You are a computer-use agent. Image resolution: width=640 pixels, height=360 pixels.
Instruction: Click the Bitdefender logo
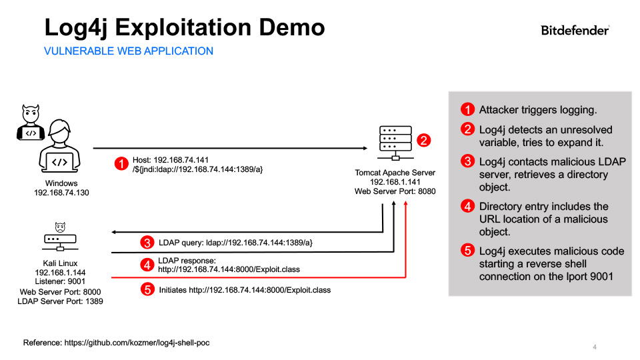tap(575, 30)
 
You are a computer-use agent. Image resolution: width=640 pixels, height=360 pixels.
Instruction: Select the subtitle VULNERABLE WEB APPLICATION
tap(129, 51)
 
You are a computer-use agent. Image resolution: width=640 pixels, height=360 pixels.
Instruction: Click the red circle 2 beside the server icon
tap(423, 141)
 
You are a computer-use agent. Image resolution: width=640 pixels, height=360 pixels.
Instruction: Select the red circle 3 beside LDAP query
tap(147, 242)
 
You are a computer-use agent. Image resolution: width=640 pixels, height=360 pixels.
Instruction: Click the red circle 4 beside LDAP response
tap(147, 264)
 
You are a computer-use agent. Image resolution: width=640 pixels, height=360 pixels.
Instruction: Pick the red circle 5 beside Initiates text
tap(147, 290)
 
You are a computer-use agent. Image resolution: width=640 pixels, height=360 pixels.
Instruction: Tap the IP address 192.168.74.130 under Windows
tap(61, 193)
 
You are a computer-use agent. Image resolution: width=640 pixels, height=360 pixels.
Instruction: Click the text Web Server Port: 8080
tap(395, 191)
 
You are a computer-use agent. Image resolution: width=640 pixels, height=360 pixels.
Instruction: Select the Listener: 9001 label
tap(60, 282)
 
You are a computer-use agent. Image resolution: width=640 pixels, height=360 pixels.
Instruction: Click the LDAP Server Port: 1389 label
tap(60, 301)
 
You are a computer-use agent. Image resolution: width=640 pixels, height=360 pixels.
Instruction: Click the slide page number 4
tap(594, 347)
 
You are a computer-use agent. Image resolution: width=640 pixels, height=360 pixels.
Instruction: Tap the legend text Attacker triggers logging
tap(538, 109)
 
